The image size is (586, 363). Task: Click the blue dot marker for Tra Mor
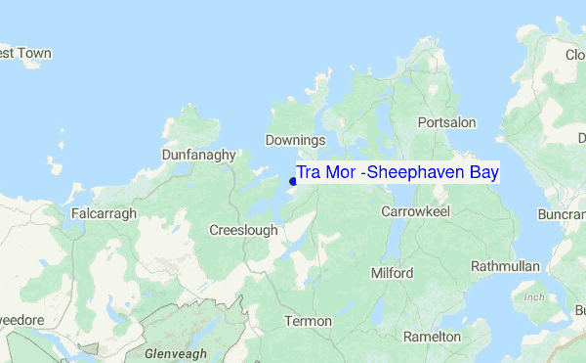(293, 180)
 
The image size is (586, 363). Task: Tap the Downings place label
(295, 141)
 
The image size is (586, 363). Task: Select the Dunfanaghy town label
(199, 155)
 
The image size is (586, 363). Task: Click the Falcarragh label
(105, 212)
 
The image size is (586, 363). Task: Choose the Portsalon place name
(446, 122)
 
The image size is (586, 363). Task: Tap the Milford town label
(392, 273)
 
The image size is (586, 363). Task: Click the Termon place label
(308, 321)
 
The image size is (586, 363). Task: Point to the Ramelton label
(432, 337)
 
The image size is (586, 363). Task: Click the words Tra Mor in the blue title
(325, 173)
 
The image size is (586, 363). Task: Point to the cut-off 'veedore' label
(20, 321)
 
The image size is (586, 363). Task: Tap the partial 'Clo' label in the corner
(575, 55)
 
